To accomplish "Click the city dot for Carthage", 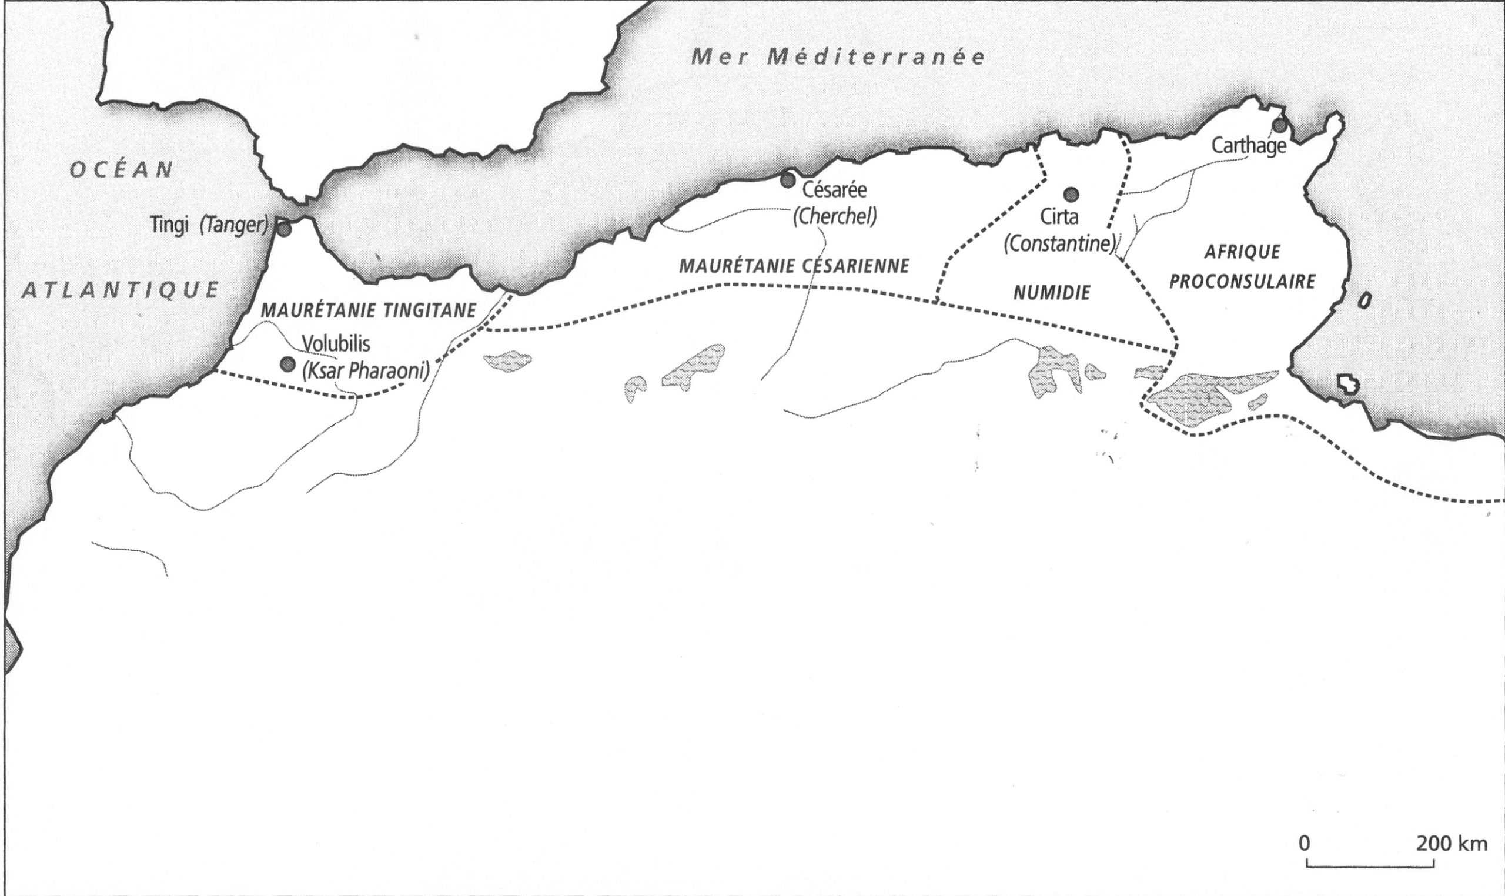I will [x=1279, y=126].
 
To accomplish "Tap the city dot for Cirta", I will [x=1071, y=194].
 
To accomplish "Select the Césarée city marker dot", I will [x=787, y=180].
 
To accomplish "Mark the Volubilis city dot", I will [x=287, y=364].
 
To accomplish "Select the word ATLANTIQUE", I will [x=120, y=290].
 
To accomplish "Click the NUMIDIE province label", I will [x=1052, y=293].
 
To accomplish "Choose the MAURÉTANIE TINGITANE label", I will [x=367, y=310].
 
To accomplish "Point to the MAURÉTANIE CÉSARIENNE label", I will [x=794, y=266].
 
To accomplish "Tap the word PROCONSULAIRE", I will [x=1243, y=282].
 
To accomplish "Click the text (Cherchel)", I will [x=834, y=217].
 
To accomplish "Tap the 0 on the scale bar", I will [x=1305, y=844].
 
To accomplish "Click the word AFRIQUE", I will [x=1242, y=252].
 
